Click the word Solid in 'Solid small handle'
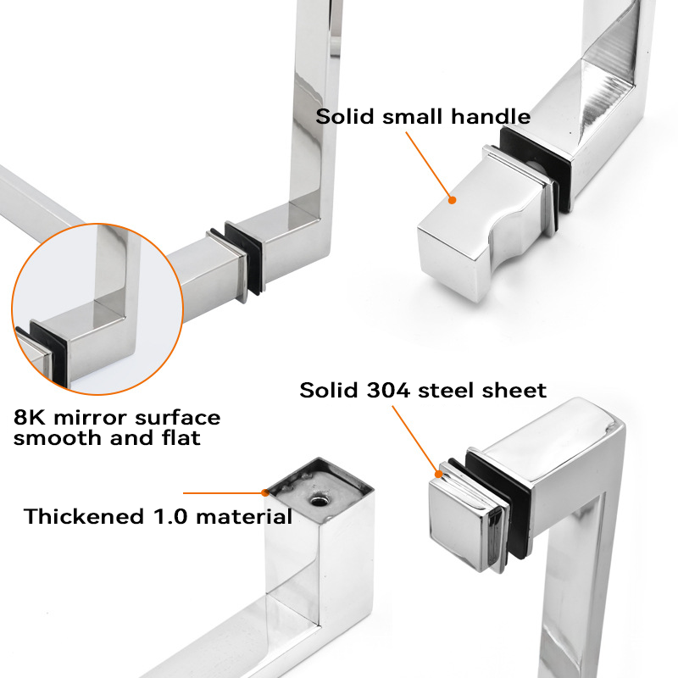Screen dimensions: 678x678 345,117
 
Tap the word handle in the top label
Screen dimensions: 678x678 491,117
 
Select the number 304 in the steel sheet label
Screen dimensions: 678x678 388,390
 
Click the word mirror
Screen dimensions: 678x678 90,418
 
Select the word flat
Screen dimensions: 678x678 181,437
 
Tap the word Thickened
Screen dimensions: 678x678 84,516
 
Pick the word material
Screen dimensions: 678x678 244,516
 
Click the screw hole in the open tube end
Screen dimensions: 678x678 319,501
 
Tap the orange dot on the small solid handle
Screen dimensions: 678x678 452,200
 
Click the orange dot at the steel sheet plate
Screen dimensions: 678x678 438,474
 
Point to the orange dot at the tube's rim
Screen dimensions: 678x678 265,492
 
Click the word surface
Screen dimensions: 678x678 178,418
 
